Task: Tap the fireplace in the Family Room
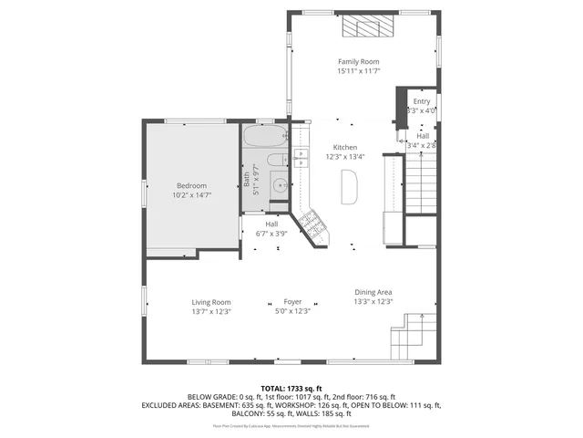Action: coord(370,26)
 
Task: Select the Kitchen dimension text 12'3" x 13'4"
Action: coord(345,157)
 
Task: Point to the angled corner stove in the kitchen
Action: coord(312,224)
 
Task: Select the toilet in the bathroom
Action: coord(280,162)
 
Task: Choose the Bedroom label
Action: coord(191,185)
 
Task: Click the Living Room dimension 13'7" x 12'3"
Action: coord(211,312)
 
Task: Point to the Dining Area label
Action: coord(373,292)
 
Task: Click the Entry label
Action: coord(421,101)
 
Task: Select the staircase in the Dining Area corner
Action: coord(409,337)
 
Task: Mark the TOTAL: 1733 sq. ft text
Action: coord(291,388)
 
